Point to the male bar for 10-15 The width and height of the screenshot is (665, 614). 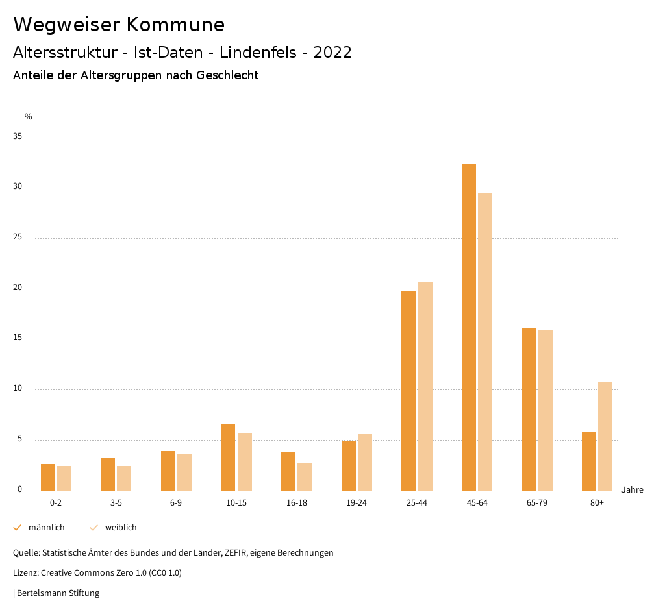[228, 457]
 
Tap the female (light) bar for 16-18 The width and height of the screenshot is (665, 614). [305, 476]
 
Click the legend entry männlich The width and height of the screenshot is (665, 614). [46, 528]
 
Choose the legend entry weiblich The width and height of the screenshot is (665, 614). [121, 528]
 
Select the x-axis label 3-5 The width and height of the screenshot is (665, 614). [116, 503]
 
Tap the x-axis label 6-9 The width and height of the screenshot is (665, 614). [176, 503]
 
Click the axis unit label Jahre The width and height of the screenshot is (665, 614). [632, 490]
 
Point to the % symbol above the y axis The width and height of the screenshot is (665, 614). [29, 117]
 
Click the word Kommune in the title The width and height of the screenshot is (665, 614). [175, 25]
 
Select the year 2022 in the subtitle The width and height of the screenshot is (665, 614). [332, 53]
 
